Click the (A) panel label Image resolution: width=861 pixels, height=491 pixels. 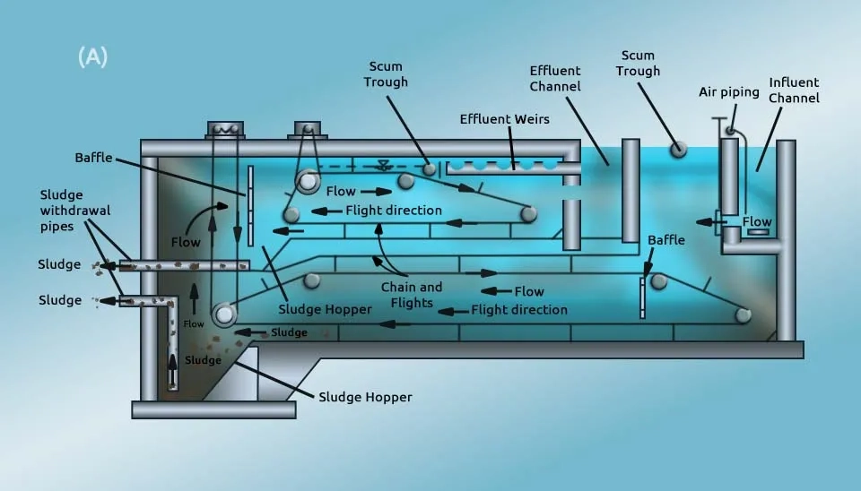click(x=92, y=56)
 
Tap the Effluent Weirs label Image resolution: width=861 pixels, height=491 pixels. click(x=504, y=119)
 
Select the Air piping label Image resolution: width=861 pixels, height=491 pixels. click(x=728, y=92)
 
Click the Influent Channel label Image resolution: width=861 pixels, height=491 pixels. click(x=794, y=90)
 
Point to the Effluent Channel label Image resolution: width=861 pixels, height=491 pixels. click(x=555, y=79)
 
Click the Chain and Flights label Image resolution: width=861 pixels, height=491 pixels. click(x=412, y=295)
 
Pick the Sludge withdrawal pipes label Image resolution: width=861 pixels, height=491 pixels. click(x=74, y=211)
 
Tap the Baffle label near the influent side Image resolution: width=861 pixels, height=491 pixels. click(x=666, y=240)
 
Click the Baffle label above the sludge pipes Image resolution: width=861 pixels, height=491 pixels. click(x=93, y=158)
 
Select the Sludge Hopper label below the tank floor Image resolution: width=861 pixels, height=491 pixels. click(x=365, y=397)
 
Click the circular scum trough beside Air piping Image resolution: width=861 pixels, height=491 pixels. click(x=679, y=149)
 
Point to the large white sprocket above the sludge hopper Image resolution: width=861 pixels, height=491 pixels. click(x=224, y=314)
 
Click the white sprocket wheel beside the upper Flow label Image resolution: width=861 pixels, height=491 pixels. click(x=308, y=181)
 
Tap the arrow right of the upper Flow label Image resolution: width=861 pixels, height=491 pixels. click(x=376, y=192)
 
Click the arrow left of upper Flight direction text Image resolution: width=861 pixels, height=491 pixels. click(x=326, y=211)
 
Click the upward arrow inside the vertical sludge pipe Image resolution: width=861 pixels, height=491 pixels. click(x=173, y=370)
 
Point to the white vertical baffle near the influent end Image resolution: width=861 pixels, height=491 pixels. click(x=642, y=297)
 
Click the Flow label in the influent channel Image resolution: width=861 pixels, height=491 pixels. click(x=757, y=221)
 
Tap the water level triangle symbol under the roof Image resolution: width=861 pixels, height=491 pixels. click(x=384, y=165)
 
